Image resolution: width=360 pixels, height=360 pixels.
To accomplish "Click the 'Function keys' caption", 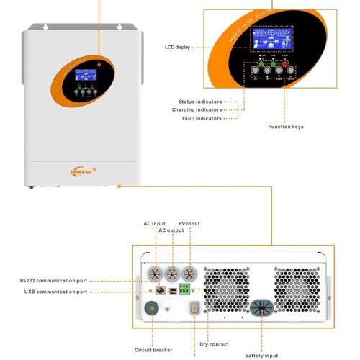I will (x=286, y=127).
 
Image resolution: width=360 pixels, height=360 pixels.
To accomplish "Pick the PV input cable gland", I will (x=189, y=274).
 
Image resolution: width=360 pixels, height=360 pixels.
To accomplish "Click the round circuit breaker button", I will (x=153, y=310).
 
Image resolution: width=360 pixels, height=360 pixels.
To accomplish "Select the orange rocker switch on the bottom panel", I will (x=192, y=309).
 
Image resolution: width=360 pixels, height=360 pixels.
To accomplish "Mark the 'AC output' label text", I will (x=171, y=231).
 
